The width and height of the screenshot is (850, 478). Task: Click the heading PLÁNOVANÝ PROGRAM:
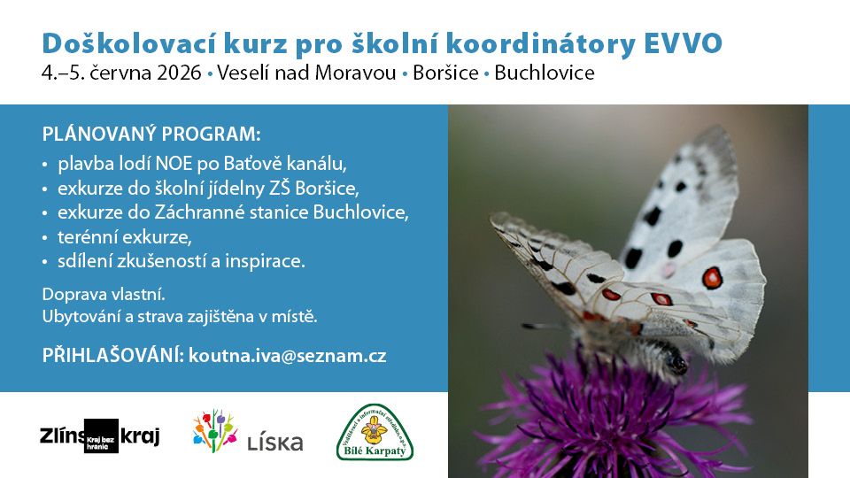click(x=151, y=135)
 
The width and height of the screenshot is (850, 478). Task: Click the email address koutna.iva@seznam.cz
click(x=288, y=355)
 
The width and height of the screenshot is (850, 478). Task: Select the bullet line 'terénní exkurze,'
click(x=124, y=237)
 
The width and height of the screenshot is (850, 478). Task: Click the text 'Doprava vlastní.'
click(x=91, y=293)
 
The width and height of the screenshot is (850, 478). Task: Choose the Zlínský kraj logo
click(x=99, y=436)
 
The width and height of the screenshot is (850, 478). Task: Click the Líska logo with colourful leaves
click(x=248, y=432)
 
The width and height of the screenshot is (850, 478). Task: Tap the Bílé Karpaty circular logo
click(x=375, y=432)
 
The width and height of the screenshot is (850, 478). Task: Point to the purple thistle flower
click(x=611, y=416)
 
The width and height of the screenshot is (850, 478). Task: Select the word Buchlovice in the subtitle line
click(x=545, y=73)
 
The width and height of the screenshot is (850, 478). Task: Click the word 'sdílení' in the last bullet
click(x=83, y=261)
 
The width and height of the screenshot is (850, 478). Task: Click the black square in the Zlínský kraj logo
click(x=101, y=436)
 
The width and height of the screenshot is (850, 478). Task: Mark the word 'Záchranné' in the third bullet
click(x=227, y=212)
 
